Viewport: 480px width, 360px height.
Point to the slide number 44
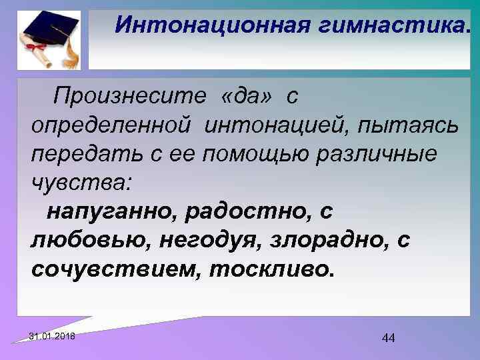(x=389, y=338)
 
